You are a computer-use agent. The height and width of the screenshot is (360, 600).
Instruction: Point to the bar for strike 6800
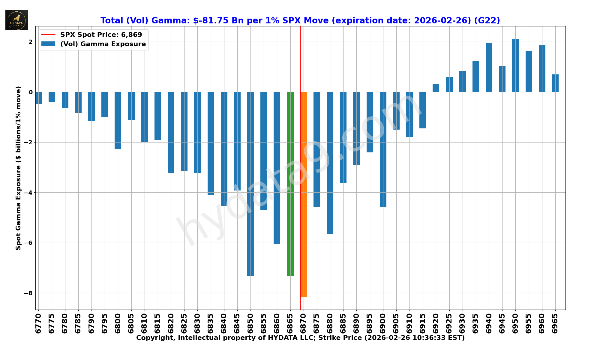point(118,120)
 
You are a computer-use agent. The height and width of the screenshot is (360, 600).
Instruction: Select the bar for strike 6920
point(436,88)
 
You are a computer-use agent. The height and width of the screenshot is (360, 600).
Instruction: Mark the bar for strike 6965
point(555,83)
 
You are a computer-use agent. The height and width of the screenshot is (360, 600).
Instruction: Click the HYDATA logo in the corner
point(16,20)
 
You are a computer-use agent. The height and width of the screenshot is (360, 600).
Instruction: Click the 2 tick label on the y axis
point(31,42)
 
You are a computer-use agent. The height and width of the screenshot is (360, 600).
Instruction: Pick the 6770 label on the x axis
point(38,323)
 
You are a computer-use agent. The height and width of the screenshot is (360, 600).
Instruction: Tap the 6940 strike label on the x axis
point(489,323)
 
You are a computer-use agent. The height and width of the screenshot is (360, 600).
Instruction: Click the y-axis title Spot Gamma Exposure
point(19,168)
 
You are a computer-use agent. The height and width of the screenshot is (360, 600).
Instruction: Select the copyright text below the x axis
point(300,338)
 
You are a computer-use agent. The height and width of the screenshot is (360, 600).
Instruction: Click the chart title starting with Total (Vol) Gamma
point(300,20)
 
